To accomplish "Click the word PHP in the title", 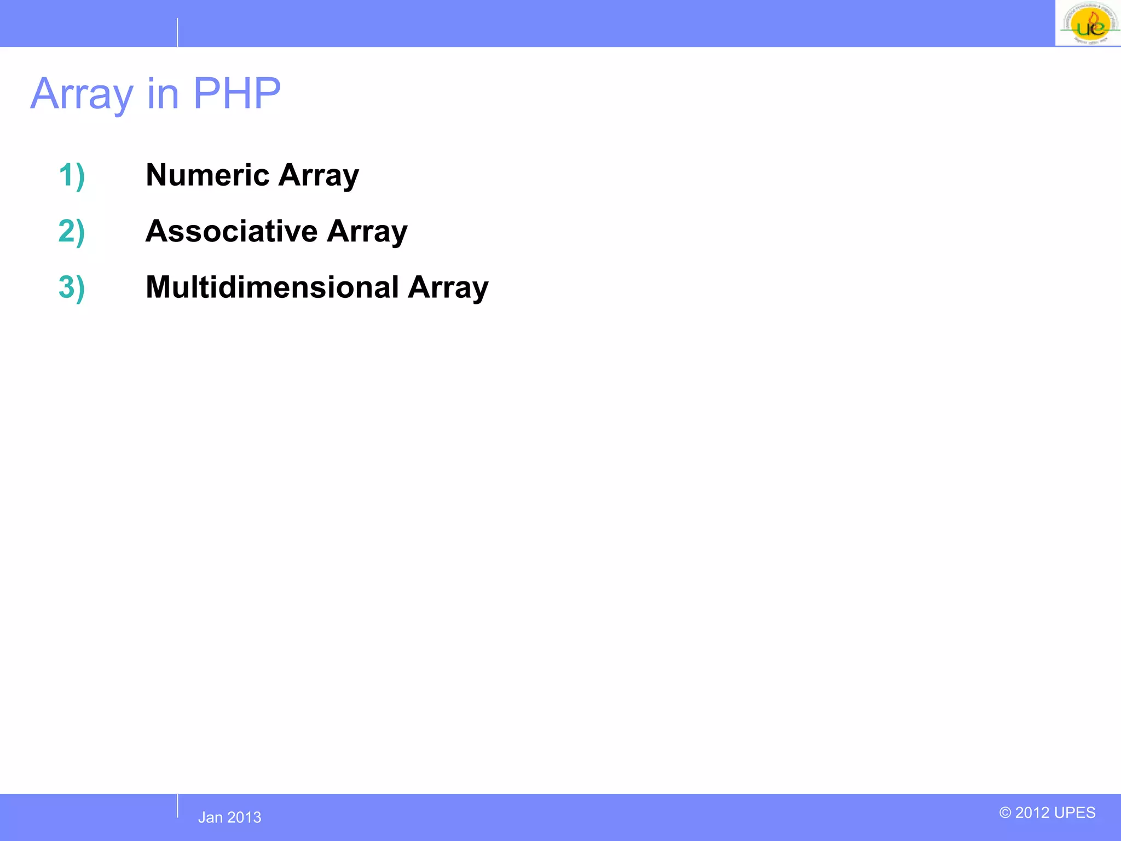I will click(236, 94).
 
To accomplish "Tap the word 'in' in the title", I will click(163, 94).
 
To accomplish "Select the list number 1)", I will click(72, 175).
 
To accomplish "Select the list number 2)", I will click(72, 231).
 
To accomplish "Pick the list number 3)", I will click(72, 287).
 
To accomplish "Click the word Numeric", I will click(207, 175).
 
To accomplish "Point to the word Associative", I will click(231, 231).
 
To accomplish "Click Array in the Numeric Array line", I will click(319, 176).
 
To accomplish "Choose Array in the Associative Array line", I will click(367, 232).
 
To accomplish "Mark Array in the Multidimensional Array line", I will click(448, 288).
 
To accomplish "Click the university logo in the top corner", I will click(1088, 24).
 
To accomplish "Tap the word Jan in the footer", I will click(210, 817).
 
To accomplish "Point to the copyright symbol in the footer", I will click(1006, 813).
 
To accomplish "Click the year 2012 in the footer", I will click(1032, 813).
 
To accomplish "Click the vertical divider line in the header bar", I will click(177, 32).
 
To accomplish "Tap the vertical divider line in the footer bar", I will click(177, 806).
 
